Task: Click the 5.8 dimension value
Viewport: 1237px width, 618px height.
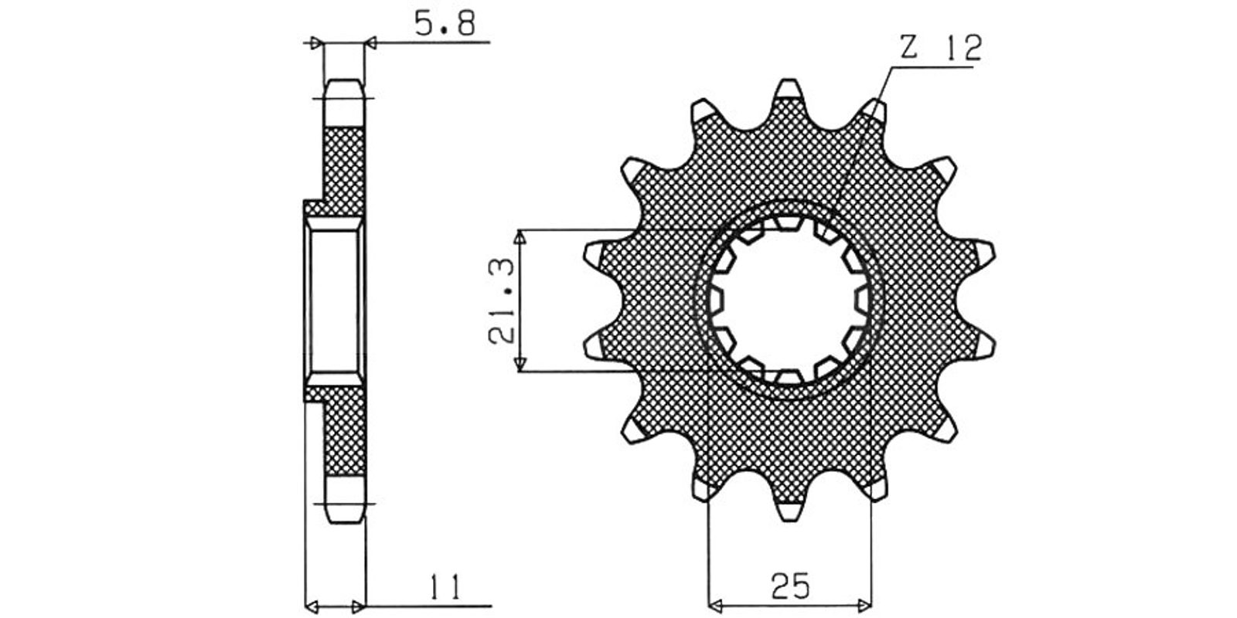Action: pos(445,24)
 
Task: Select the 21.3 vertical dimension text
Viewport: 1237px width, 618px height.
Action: pos(502,301)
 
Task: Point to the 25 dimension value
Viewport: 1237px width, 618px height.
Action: pos(790,586)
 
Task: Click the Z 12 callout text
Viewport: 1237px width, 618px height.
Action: pos(941,48)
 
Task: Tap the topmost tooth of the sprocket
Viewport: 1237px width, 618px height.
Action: pos(789,90)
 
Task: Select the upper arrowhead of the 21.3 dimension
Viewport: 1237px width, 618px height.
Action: pos(519,238)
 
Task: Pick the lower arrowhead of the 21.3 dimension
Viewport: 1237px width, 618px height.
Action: pos(519,364)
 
